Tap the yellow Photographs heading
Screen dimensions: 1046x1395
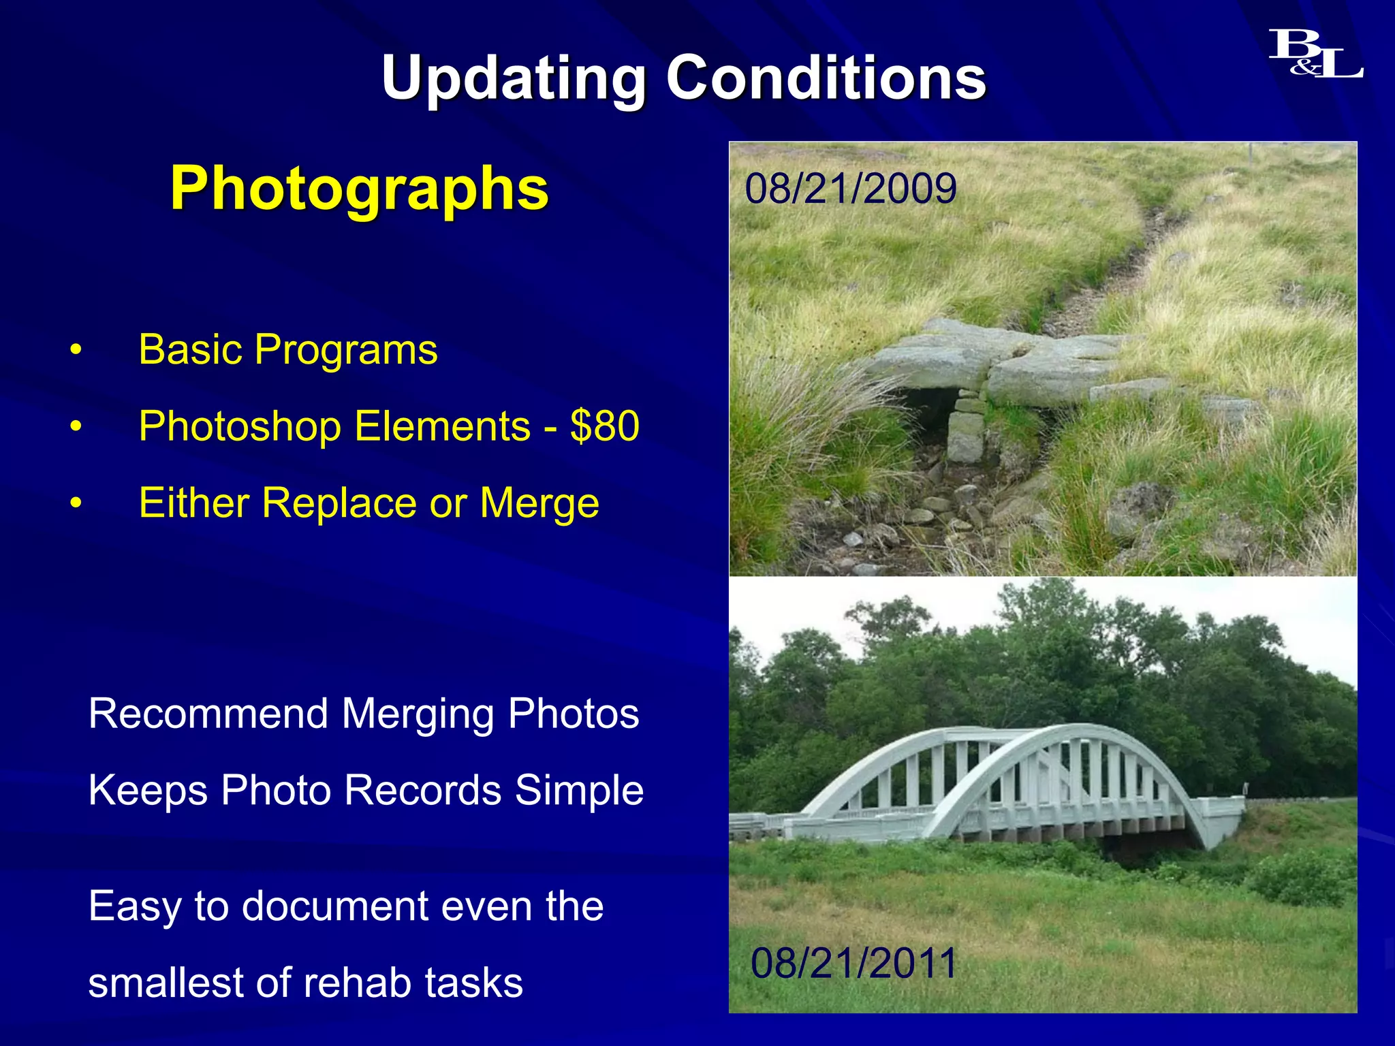359,188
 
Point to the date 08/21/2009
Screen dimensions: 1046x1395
850,189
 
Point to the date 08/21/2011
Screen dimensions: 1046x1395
853,963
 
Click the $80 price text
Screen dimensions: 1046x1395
605,426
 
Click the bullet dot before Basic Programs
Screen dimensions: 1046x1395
76,351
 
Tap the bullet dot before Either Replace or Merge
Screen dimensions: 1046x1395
76,504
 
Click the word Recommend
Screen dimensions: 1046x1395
208,714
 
